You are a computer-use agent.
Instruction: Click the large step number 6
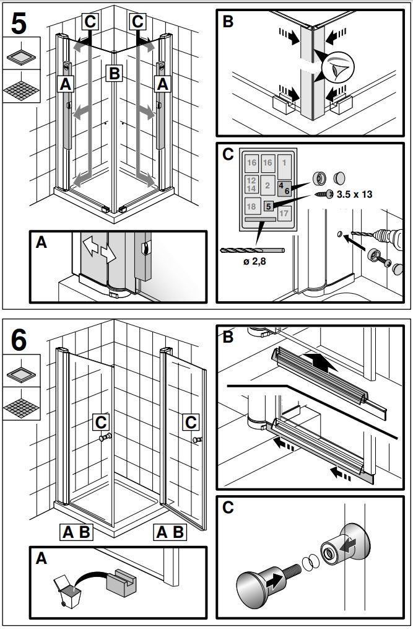[19, 340]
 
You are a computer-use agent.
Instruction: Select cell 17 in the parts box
[284, 213]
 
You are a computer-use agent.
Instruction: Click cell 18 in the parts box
[251, 206]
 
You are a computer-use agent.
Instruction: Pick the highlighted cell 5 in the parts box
[268, 206]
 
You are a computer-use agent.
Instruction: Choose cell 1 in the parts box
[284, 162]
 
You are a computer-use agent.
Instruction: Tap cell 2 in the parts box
[267, 184]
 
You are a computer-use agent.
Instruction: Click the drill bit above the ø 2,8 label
[251, 250]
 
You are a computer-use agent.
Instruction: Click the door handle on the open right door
[198, 439]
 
